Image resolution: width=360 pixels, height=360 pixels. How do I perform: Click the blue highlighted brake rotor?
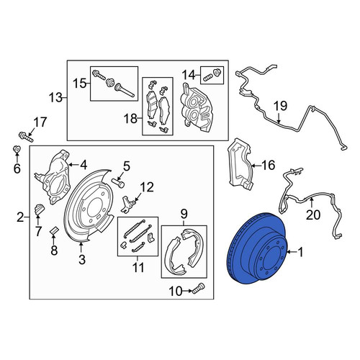pyautogui.click(x=257, y=248)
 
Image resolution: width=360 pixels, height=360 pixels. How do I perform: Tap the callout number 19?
pyautogui.click(x=280, y=106)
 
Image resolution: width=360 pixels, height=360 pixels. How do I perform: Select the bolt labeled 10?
pyautogui.click(x=198, y=288)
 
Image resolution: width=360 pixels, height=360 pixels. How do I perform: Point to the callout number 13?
pyautogui.click(x=55, y=98)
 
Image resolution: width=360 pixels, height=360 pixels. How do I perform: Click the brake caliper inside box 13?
pyautogui.click(x=197, y=107)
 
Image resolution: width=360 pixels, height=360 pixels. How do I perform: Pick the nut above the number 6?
pyautogui.click(x=17, y=150)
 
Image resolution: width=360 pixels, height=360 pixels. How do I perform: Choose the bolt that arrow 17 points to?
pyautogui.click(x=26, y=137)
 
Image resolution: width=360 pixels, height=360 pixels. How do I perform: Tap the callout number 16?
pyautogui.click(x=268, y=166)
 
